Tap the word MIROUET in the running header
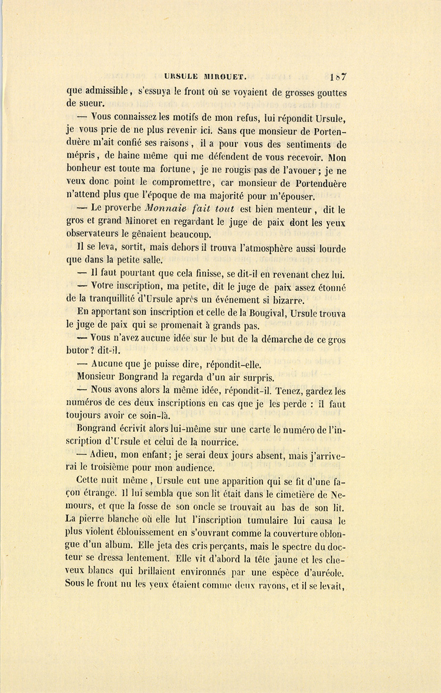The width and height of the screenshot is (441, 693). tap(225, 77)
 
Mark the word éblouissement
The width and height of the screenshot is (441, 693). tap(140, 532)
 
